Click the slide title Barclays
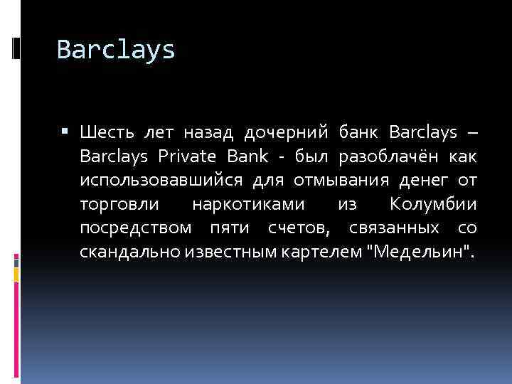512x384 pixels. (x=115, y=49)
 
